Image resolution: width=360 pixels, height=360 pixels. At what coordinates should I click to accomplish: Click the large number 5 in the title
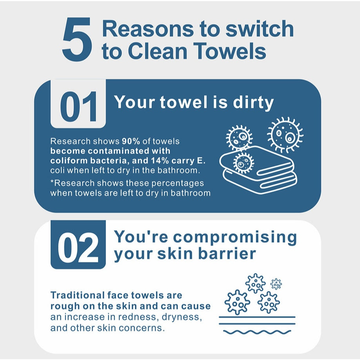click(x=77, y=40)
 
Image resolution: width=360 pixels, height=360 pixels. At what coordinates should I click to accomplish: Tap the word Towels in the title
click(x=231, y=51)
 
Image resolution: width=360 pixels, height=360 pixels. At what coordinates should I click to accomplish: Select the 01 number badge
click(x=78, y=104)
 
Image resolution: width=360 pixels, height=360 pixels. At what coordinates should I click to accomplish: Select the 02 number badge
click(x=78, y=245)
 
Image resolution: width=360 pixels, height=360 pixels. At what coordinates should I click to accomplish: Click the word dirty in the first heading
click(x=253, y=102)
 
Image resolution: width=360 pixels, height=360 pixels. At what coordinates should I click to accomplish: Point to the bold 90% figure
click(x=131, y=141)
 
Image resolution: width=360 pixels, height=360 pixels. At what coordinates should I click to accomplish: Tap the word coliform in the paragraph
click(x=69, y=160)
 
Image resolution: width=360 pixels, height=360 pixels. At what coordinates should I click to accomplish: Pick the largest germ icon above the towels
click(x=285, y=135)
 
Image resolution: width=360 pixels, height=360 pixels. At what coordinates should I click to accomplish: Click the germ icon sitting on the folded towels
click(x=244, y=163)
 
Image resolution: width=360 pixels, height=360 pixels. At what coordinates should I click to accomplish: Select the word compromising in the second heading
click(x=235, y=237)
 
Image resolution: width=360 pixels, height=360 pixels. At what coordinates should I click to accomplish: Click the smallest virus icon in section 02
click(x=276, y=284)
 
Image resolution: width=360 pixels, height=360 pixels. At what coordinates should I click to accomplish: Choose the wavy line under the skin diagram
click(x=257, y=332)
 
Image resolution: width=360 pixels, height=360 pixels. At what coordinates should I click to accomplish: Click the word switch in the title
click(x=260, y=29)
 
